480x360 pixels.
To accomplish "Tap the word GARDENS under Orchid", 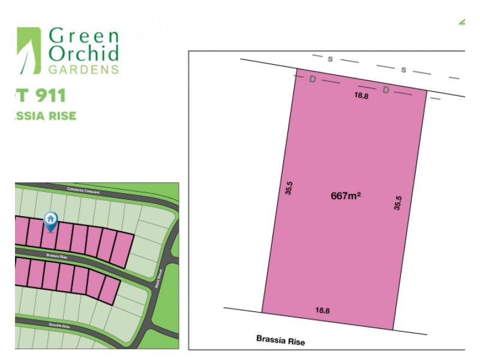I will [83, 69].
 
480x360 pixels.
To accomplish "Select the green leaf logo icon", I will [28, 50].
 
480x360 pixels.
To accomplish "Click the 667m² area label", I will [345, 196].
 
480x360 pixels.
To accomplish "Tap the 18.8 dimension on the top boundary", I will [361, 95].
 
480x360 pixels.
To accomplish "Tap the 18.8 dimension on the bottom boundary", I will [323, 310].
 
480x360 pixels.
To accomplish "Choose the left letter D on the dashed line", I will [312, 80].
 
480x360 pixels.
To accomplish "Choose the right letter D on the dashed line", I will [386, 90].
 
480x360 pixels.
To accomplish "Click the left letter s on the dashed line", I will [330, 59].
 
